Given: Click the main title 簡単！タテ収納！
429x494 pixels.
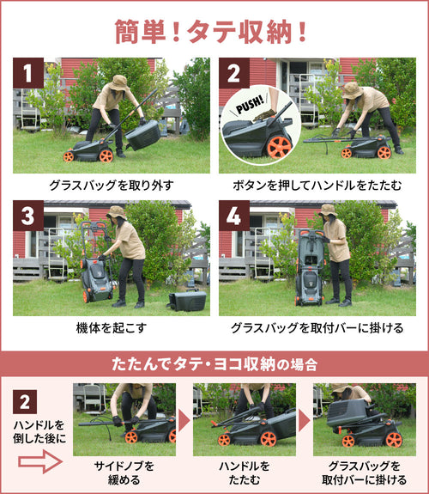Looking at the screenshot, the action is point(210,32).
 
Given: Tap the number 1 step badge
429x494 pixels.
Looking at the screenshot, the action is point(28,73).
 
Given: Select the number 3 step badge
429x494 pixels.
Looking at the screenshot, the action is point(28,216).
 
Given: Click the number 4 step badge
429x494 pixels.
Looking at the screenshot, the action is point(234,216).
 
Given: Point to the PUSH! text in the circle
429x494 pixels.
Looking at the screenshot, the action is point(250,105).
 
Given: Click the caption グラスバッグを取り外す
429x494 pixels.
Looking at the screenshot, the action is point(112,186).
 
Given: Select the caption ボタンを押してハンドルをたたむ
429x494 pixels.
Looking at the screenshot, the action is point(317,186).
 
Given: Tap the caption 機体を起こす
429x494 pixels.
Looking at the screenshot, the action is point(112,328).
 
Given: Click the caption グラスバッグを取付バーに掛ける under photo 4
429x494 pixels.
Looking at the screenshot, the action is point(317,328).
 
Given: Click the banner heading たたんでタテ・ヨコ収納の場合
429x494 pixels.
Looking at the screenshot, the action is point(214,364).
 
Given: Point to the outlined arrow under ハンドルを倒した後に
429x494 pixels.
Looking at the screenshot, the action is point(40,461).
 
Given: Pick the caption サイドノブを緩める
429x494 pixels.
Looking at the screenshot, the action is point(124,473).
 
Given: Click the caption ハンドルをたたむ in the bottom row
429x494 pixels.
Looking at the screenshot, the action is point(245,473).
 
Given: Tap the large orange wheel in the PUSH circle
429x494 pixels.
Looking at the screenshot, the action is point(279,147).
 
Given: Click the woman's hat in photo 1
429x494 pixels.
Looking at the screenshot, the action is point(118,82).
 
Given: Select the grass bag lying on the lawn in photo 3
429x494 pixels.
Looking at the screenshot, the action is point(187,300).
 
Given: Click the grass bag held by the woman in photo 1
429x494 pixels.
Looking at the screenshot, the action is point(144,135).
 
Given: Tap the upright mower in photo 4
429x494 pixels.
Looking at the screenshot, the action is point(311,267).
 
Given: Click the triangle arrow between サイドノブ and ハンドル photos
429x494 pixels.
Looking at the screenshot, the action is point(184,420).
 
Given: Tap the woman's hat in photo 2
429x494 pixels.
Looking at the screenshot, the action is point(353,90).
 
